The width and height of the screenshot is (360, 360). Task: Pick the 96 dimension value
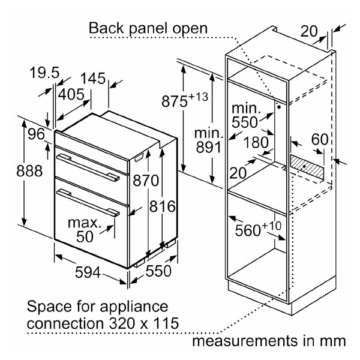point(36,134)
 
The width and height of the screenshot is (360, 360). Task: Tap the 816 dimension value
point(162,207)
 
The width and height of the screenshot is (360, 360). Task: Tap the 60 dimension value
point(320,140)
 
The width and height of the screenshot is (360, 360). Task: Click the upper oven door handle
point(88,166)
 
